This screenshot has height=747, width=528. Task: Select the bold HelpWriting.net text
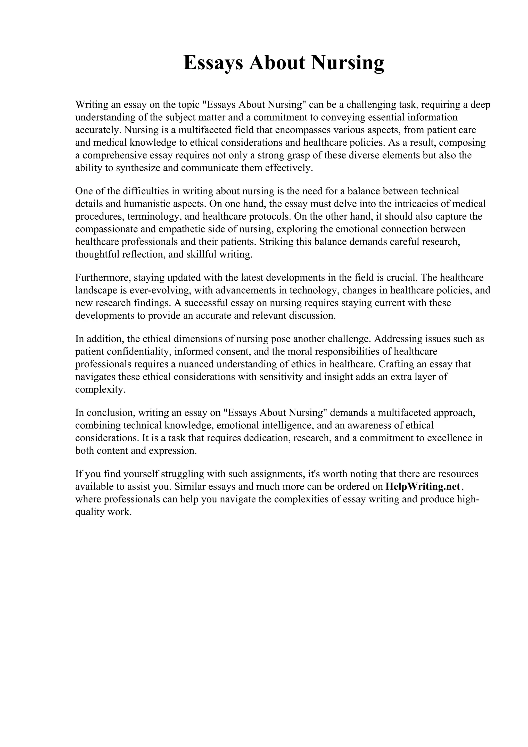(x=423, y=486)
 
